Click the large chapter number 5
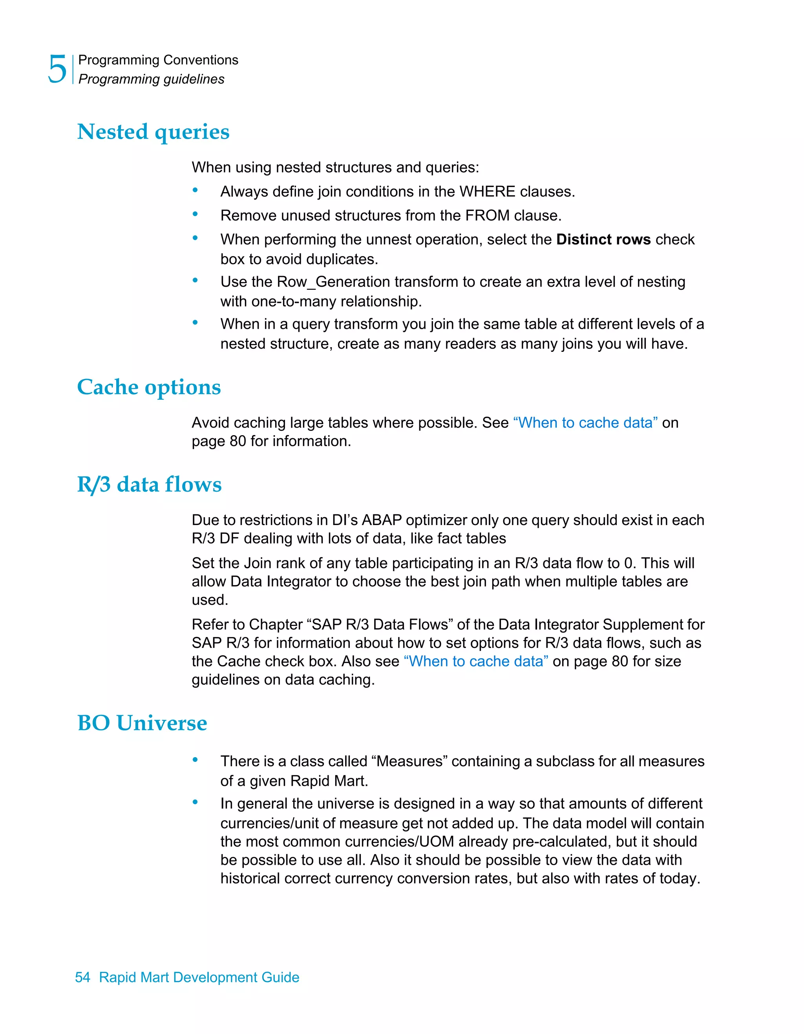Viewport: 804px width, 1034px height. pos(57,69)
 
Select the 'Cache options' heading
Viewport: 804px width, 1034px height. pos(149,387)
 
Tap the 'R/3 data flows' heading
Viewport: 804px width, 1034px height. pos(149,484)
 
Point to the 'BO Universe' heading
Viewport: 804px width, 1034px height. pos(142,723)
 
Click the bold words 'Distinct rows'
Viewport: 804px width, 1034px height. pos(603,240)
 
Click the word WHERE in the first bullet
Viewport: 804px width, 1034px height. pos(487,192)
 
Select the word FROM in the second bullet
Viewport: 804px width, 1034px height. pos(488,216)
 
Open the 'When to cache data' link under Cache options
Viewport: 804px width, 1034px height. pos(585,423)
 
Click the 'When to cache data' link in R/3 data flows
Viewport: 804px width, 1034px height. pos(476,661)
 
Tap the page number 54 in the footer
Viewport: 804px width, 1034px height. pos(82,977)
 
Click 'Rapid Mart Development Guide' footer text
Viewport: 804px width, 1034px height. pos(199,977)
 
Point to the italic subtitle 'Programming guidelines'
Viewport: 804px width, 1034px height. pos(152,79)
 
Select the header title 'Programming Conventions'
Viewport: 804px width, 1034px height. pos(158,60)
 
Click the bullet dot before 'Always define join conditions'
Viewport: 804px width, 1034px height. pos(195,190)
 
